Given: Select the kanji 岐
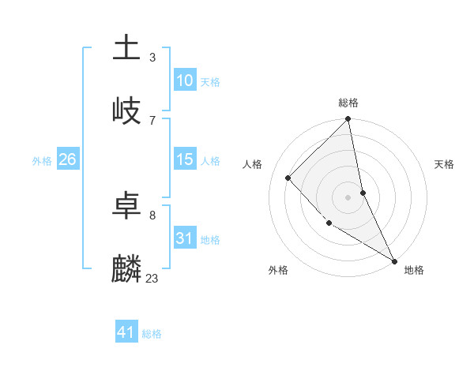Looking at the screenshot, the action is click(x=127, y=111).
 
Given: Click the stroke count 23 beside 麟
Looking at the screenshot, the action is click(x=152, y=278).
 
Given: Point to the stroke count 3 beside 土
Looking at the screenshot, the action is click(x=152, y=57).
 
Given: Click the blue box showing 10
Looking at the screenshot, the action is click(x=185, y=81).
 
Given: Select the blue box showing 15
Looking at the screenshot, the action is click(x=185, y=159).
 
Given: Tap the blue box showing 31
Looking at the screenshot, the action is click(x=185, y=238).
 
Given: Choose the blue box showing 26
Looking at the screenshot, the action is click(x=67, y=159).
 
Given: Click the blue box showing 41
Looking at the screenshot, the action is click(x=126, y=332).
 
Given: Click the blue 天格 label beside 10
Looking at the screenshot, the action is click(x=210, y=81).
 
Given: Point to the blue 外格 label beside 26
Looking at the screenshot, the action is click(x=42, y=160).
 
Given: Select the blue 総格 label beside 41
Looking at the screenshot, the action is click(x=152, y=334).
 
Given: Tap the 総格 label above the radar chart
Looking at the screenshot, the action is click(x=348, y=103).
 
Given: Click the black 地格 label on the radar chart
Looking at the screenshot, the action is click(x=414, y=270).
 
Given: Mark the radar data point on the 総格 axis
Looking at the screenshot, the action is click(x=348, y=120).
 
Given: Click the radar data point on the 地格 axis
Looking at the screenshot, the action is click(x=394, y=260).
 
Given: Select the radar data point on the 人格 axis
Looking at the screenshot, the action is click(x=288, y=178).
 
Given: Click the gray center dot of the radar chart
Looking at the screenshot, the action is click(x=348, y=197).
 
